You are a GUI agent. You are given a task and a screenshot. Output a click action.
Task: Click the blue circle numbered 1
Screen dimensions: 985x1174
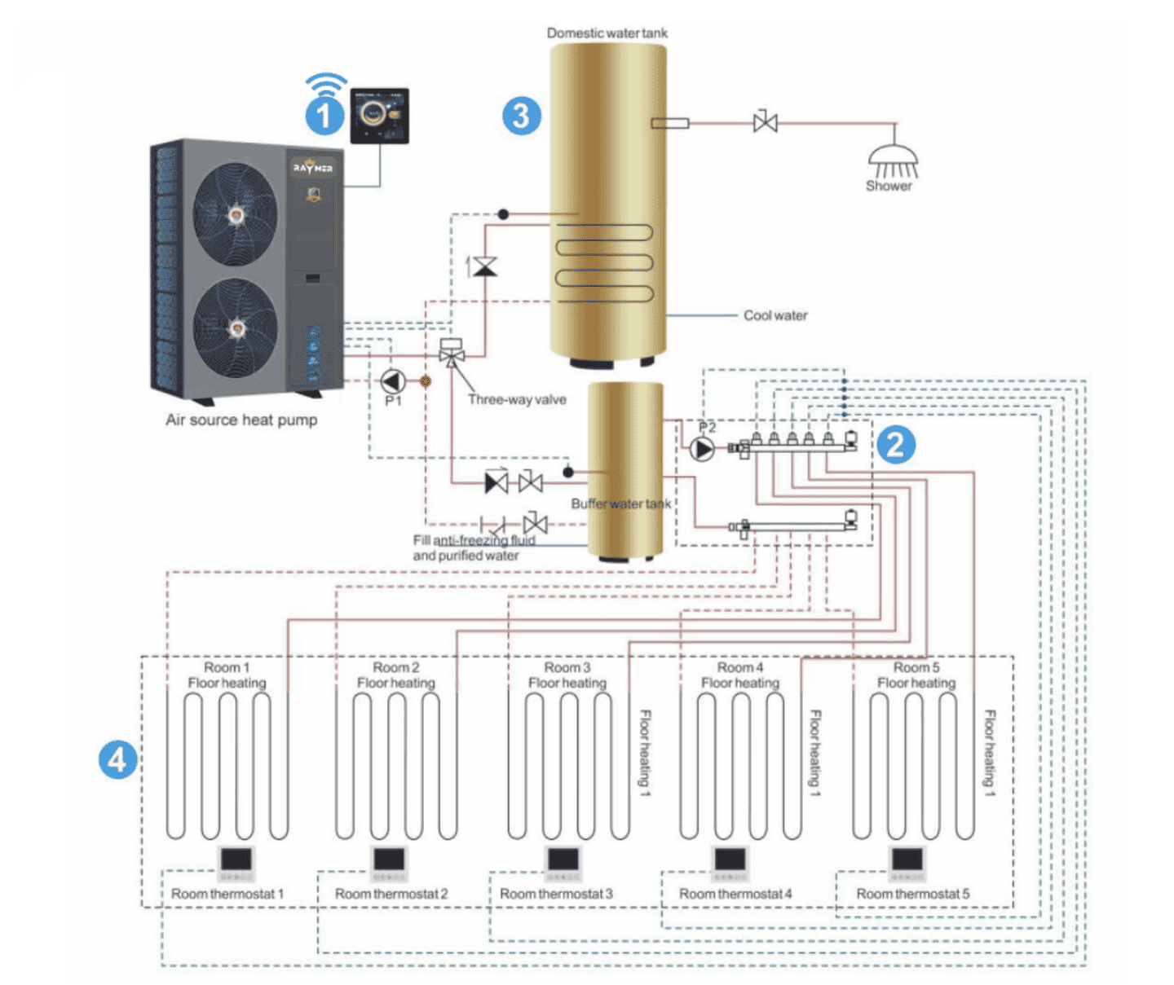point(324,116)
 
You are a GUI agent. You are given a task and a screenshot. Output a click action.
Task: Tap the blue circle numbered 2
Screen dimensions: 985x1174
point(895,444)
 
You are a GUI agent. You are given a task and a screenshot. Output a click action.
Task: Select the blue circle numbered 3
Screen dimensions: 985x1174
point(522,116)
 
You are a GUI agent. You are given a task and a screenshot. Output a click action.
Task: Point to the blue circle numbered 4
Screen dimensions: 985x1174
point(117,759)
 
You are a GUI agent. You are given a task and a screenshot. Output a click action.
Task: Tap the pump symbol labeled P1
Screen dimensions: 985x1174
point(393,380)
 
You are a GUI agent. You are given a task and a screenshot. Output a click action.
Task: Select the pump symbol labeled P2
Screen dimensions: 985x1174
point(702,448)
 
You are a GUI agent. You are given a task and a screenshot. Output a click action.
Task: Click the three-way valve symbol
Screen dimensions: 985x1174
point(451,354)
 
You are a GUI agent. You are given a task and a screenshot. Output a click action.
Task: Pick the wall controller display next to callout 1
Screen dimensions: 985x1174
point(379,116)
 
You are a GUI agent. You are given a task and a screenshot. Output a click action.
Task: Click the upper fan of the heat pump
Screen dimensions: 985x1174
point(235,214)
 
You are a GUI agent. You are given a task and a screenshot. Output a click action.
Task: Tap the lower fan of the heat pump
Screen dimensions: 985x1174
point(235,328)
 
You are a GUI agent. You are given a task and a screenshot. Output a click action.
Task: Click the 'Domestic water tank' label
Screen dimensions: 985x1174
point(607,33)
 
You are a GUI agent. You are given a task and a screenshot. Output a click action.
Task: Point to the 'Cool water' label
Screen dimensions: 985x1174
point(775,315)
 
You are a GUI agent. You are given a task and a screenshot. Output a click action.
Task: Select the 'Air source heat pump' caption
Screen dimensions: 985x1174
point(241,420)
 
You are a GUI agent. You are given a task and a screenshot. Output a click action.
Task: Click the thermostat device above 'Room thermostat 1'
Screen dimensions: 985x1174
point(236,862)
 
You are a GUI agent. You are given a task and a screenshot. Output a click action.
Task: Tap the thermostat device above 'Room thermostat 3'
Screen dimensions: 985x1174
point(563,862)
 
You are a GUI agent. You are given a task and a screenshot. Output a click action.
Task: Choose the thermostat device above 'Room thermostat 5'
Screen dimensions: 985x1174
point(907,862)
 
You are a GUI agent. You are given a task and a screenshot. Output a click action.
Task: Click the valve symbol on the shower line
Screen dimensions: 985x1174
point(765,123)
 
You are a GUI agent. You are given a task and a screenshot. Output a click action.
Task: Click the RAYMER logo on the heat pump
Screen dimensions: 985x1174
point(313,168)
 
